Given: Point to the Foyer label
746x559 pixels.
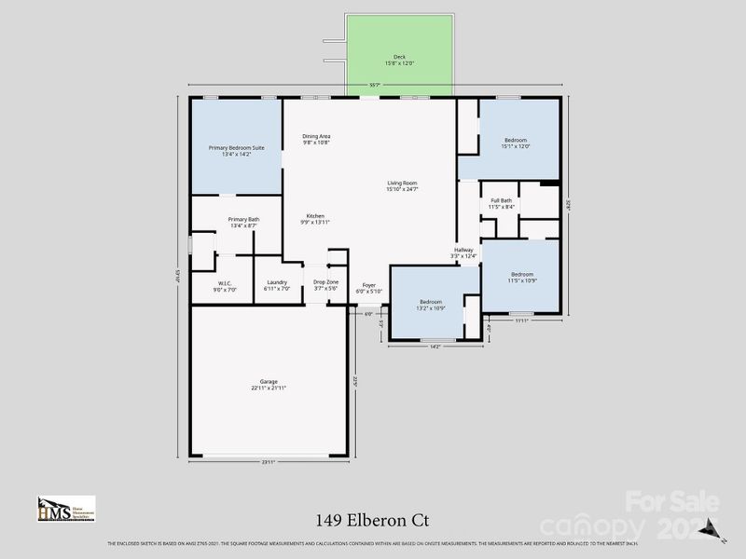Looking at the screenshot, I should click(x=369, y=286).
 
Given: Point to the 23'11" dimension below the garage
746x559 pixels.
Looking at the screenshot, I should click(x=269, y=461).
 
